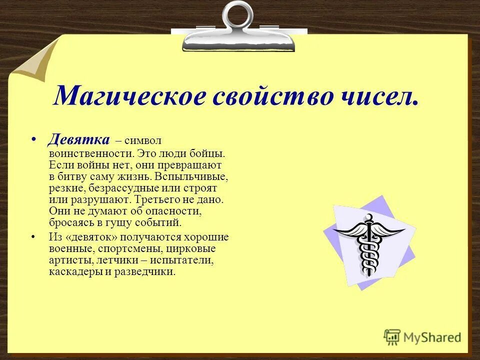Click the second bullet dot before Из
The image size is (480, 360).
point(34,236)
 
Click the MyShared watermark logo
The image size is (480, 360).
point(422,336)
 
